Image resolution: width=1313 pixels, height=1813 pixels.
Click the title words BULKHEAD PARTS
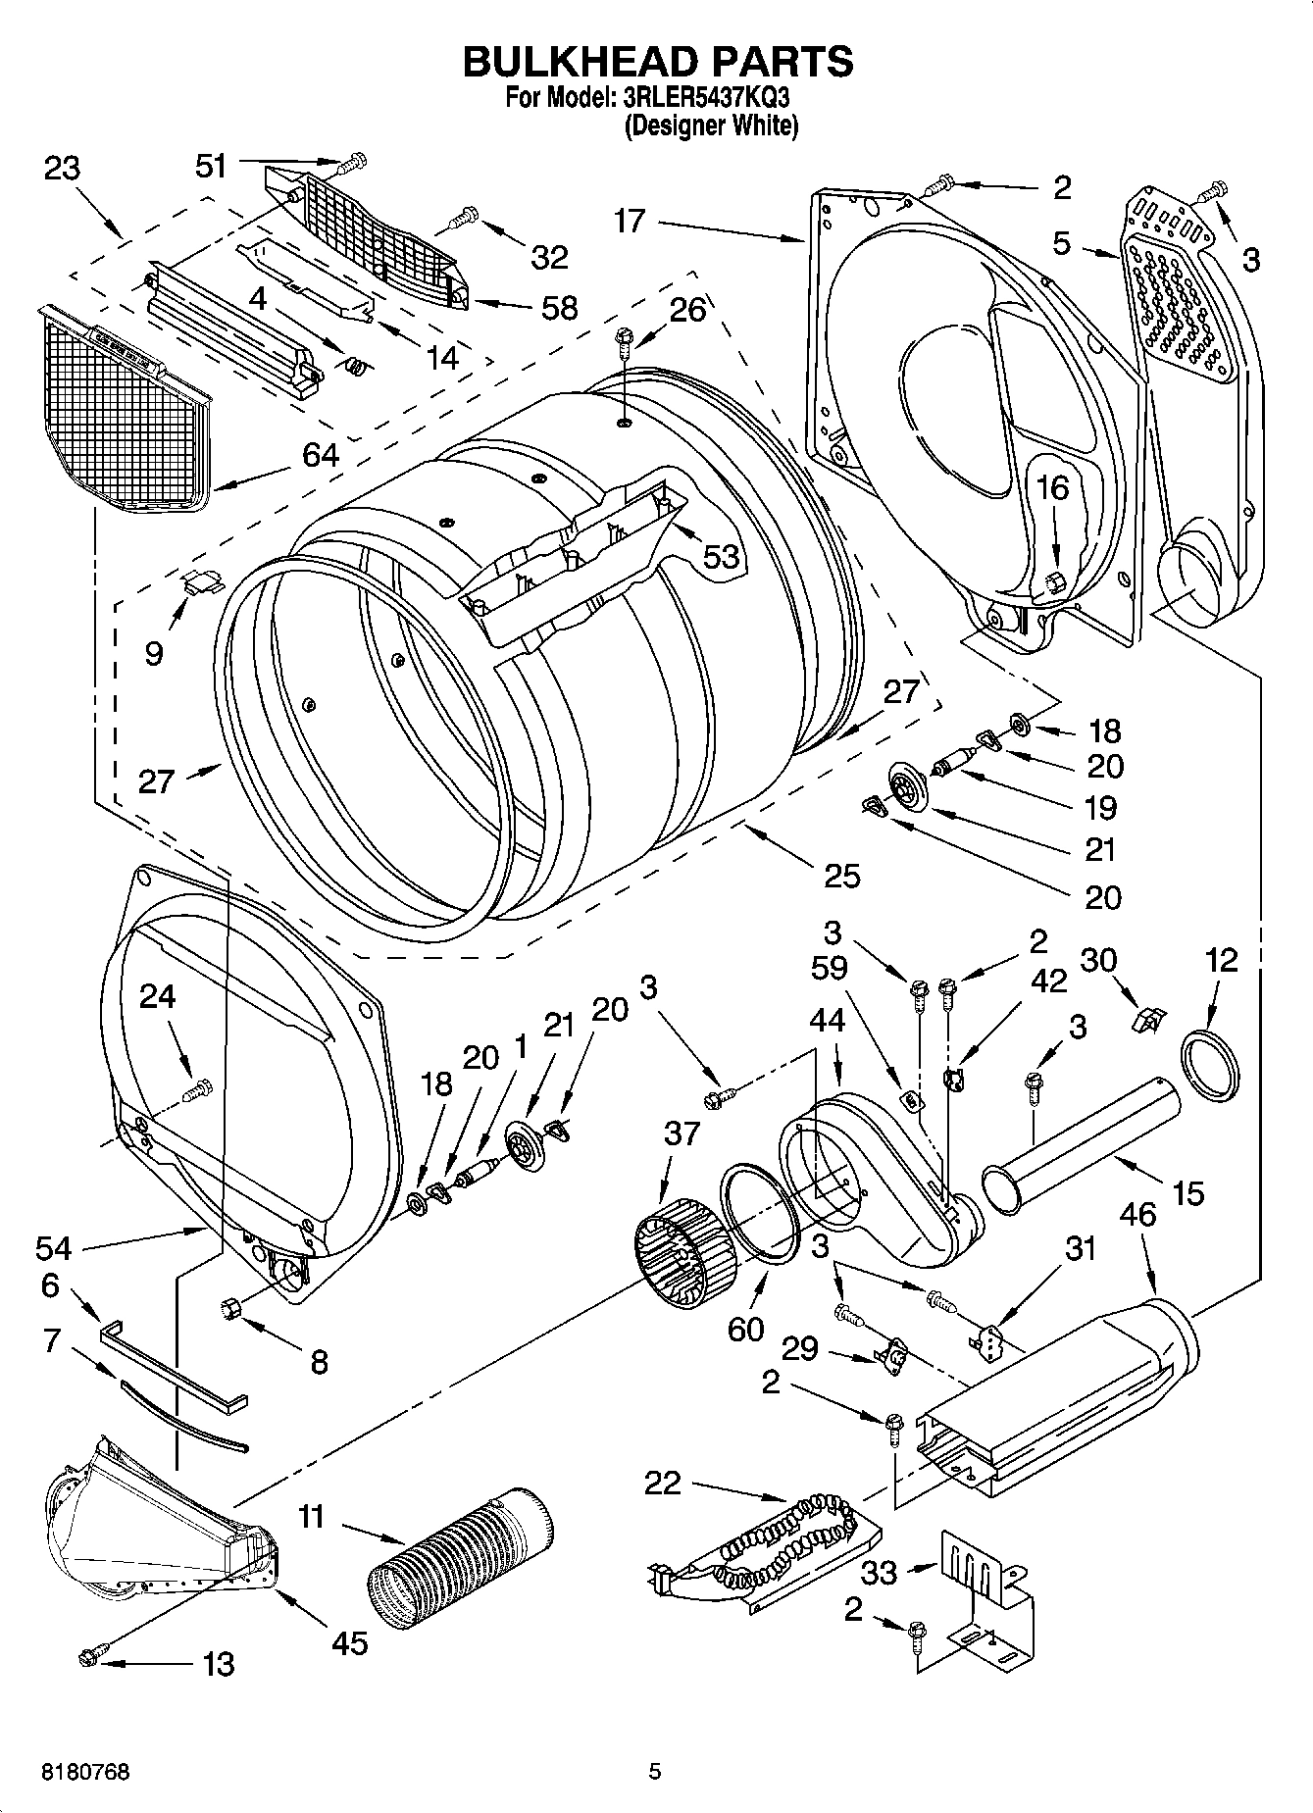coord(657,61)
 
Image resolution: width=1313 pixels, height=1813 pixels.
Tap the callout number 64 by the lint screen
coord(321,455)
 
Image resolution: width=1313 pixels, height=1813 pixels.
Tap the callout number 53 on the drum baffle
coord(721,556)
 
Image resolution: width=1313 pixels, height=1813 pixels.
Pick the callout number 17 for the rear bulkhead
coord(630,222)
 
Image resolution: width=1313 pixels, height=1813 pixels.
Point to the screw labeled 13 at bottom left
coord(87,1656)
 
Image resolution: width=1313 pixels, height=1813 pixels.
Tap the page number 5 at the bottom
coord(655,1772)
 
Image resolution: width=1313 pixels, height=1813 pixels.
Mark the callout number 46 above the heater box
coord(1136,1216)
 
